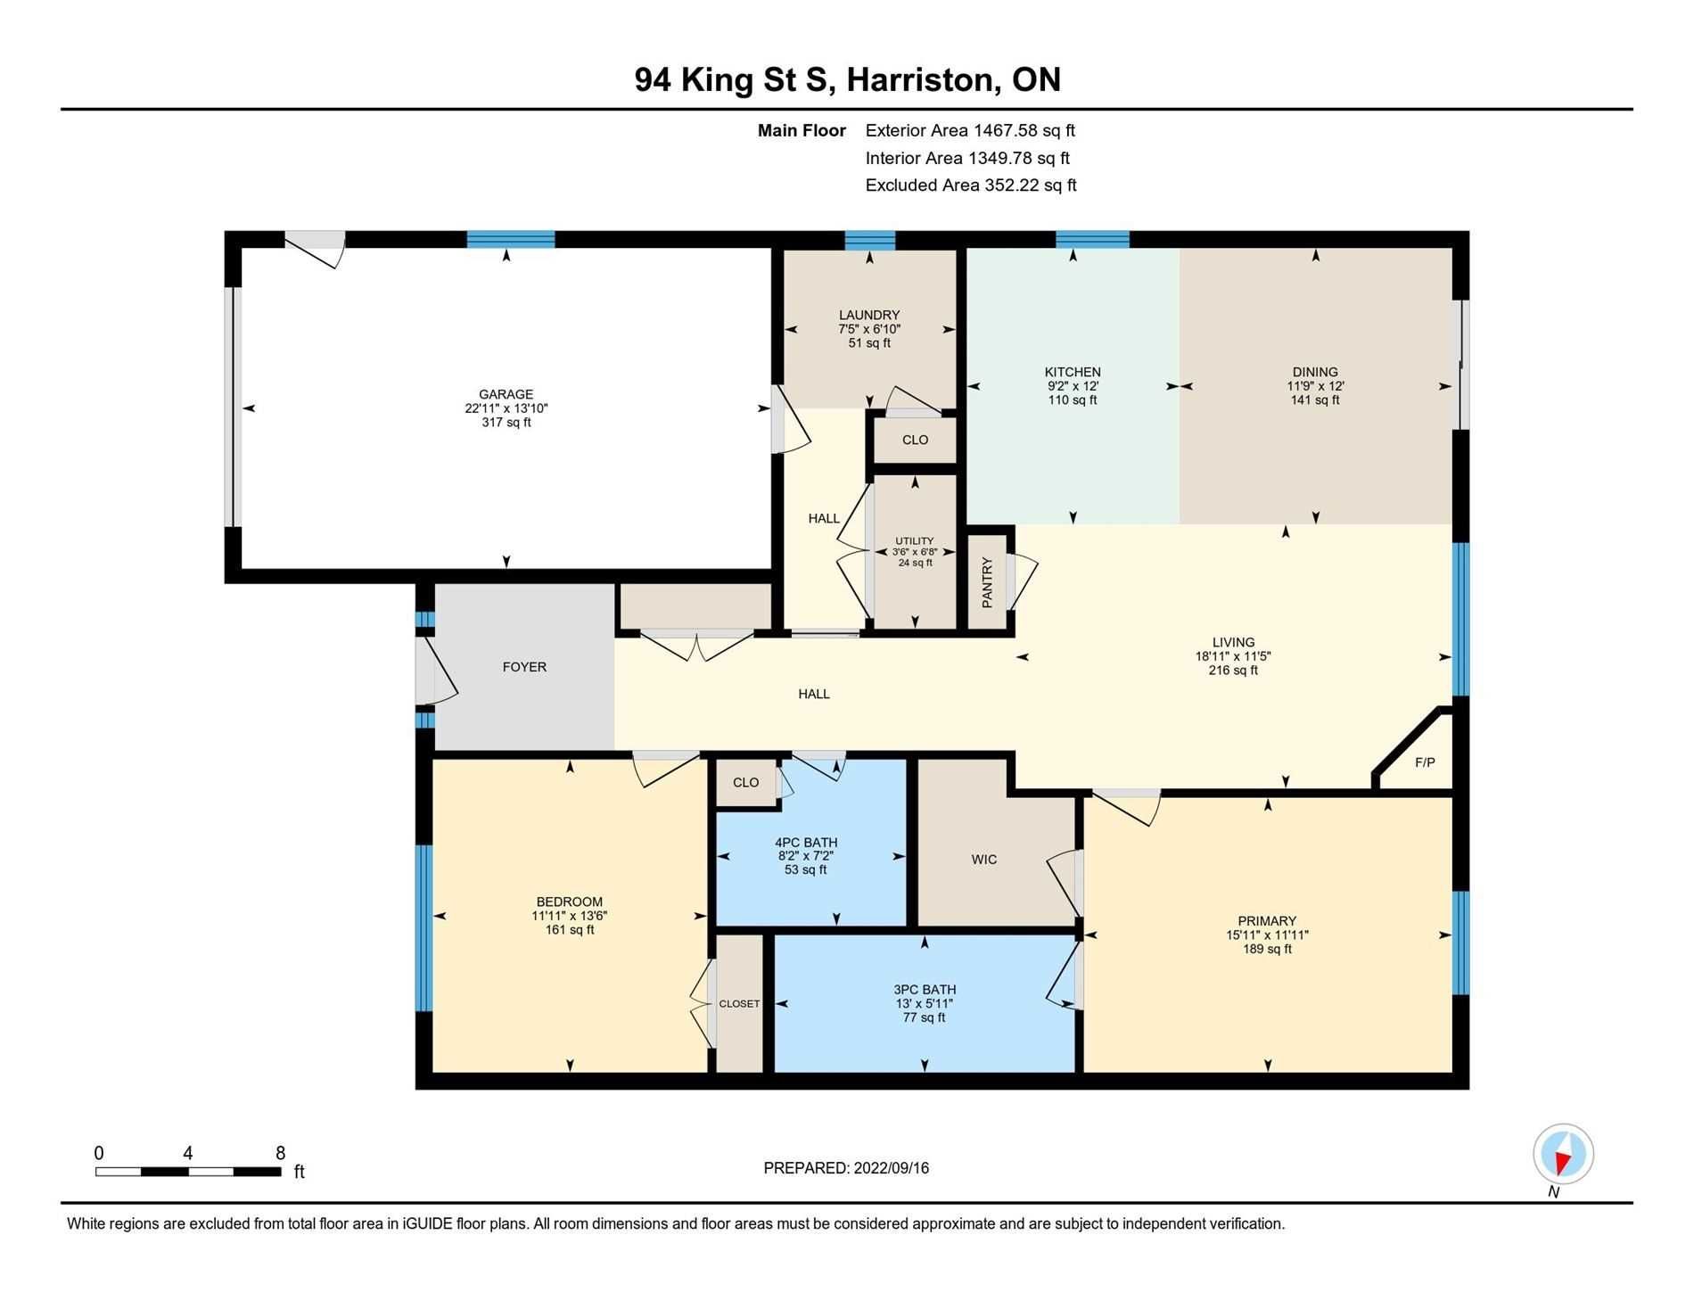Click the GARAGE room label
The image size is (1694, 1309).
(506, 394)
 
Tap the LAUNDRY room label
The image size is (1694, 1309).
(869, 315)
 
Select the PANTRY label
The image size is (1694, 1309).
(987, 582)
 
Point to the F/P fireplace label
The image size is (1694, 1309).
(1425, 762)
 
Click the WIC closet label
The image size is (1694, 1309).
(984, 860)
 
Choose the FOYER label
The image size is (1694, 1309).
(524, 667)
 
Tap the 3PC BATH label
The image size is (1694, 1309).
(925, 990)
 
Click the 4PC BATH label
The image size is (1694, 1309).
(806, 843)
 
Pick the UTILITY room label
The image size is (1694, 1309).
(915, 541)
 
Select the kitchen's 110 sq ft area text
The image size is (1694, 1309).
(1073, 400)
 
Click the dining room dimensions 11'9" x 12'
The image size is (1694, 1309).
(1315, 386)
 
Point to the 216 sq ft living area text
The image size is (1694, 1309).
(1233, 671)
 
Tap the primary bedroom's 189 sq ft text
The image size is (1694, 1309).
(1267, 950)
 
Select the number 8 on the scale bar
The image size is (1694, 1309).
(280, 1153)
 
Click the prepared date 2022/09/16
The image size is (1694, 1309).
(891, 1168)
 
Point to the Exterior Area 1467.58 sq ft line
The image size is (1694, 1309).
(970, 130)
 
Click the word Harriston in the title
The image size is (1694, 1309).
(920, 80)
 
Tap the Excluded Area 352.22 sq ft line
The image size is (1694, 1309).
(971, 185)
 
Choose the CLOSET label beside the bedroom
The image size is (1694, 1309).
(739, 1004)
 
